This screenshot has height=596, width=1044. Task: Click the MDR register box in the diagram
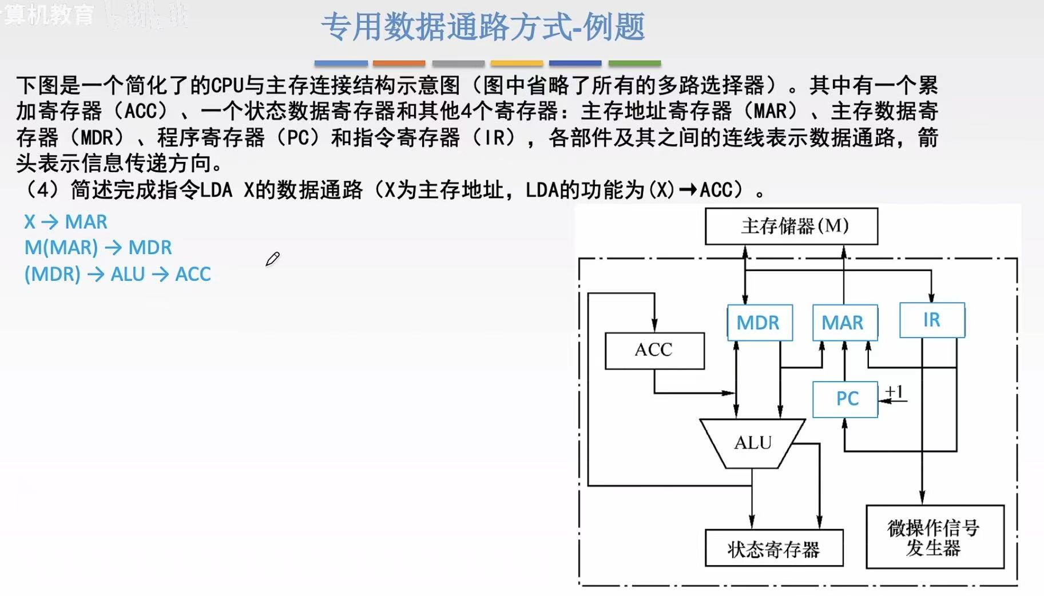coord(759,323)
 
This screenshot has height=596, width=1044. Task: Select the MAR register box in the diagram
coord(844,323)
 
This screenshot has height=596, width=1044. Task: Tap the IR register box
coord(932,320)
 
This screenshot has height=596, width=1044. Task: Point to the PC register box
coord(845,399)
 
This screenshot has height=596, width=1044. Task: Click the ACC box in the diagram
coord(654,350)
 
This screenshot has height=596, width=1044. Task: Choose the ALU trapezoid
coord(752,443)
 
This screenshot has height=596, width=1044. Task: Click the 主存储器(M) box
coord(791,226)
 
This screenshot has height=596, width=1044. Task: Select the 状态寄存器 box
coord(773,549)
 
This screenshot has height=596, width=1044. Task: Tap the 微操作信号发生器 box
coord(934,537)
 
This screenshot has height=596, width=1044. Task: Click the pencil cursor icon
coord(272,259)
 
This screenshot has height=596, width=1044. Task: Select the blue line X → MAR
coord(66,221)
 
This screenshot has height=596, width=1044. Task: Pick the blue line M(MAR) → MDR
coord(98,248)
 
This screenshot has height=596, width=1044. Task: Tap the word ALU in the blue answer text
coord(128,275)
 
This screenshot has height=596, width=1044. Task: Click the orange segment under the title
coord(399,63)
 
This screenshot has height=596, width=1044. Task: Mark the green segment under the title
coord(634,63)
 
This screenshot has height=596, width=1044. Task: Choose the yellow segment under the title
coord(517,63)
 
